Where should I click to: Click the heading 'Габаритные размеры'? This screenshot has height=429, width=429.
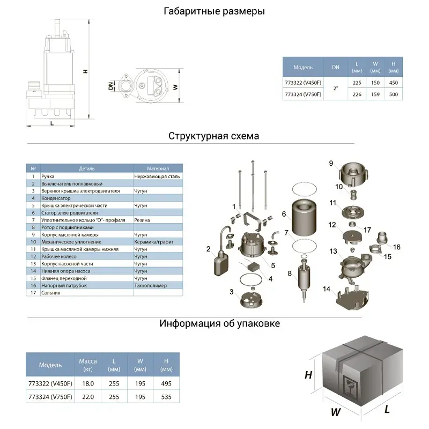[214, 11]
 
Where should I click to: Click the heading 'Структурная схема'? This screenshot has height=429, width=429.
[214, 136]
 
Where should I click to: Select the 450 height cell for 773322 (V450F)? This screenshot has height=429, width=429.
[394, 83]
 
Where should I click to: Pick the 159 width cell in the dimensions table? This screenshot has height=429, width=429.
[375, 94]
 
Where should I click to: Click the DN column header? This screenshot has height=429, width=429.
[335, 68]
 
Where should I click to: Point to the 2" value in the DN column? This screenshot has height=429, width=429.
[335, 89]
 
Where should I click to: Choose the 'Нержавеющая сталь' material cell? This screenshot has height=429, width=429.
[157, 176]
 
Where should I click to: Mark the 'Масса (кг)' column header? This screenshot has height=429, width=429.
[88, 365]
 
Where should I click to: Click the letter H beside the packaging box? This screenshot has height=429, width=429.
[308, 375]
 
